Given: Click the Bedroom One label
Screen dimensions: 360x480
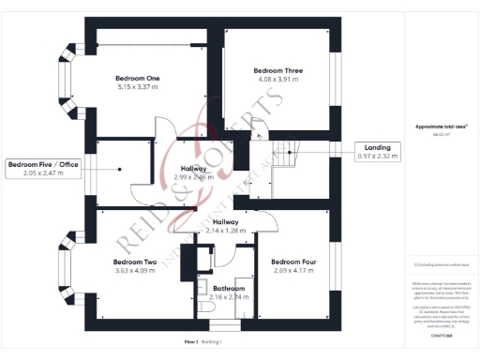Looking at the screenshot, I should tap(137, 78).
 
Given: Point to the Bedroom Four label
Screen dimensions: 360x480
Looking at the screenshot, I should tap(292, 262).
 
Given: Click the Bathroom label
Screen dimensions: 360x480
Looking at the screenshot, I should tap(229, 288).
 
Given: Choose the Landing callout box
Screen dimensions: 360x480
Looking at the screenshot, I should tap(377, 151).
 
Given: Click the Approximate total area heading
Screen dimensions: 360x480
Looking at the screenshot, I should tap(441, 127).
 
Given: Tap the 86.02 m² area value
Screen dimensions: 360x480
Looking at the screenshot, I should tap(441, 136).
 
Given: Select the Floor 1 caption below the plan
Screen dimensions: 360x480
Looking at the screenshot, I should tap(191, 341).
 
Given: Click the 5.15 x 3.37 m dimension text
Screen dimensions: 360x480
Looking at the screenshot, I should tap(137, 87).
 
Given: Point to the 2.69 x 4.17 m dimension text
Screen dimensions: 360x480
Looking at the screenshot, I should tap(292, 271).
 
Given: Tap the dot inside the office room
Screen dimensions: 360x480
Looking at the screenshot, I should tap(120, 170).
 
